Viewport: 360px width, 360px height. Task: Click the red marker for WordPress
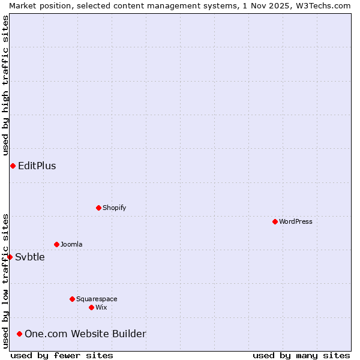tap(275, 221)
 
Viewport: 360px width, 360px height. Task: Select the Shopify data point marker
tap(98, 208)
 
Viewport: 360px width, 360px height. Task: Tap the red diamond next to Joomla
tap(56, 244)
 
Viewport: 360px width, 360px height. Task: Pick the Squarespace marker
tap(72, 299)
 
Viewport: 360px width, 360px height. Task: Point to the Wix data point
tap(91, 307)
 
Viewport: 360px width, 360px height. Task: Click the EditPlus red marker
tap(13, 166)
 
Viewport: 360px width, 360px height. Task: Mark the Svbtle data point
tap(10, 257)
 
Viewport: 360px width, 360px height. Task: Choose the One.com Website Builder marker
tap(20, 334)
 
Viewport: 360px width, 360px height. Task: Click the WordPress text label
tap(296, 221)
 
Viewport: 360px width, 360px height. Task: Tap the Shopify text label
tap(114, 208)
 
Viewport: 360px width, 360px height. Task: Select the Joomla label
tap(71, 244)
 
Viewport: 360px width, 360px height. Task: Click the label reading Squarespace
tap(97, 299)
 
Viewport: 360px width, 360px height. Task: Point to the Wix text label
tap(101, 307)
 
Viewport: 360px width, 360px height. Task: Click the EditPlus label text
tap(37, 166)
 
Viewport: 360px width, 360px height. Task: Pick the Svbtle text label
tap(30, 257)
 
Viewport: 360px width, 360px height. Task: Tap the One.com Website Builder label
tap(85, 334)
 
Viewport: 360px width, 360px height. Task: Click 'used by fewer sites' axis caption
tap(62, 355)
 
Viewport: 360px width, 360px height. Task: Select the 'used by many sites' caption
tap(301, 355)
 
